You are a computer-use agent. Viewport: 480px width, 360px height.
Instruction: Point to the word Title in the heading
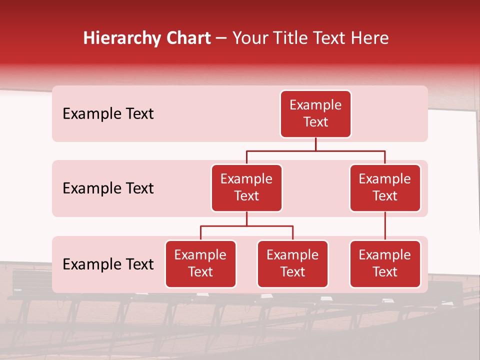point(294,38)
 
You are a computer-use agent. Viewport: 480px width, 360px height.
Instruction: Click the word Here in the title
point(370,38)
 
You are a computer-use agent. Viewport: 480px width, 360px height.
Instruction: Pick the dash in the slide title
point(221,39)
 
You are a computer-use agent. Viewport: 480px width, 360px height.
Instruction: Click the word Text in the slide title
point(333,38)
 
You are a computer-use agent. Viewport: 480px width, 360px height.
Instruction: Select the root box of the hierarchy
point(315,114)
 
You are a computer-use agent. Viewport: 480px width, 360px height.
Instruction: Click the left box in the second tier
point(246,188)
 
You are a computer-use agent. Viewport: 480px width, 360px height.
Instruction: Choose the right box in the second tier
point(385,188)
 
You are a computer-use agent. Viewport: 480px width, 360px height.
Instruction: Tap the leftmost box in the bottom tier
point(200,264)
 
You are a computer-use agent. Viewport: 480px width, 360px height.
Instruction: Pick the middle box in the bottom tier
point(292,264)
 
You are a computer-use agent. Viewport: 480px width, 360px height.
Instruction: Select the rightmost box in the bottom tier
point(385,264)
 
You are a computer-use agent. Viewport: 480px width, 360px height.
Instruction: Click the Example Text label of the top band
point(108,114)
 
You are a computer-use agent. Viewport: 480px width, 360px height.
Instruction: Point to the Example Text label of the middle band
point(108,188)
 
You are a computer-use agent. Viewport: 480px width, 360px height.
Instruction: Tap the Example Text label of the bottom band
point(108,264)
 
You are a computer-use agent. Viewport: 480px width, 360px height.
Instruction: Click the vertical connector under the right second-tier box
point(385,226)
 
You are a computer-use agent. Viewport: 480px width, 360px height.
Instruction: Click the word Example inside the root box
point(315,105)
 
